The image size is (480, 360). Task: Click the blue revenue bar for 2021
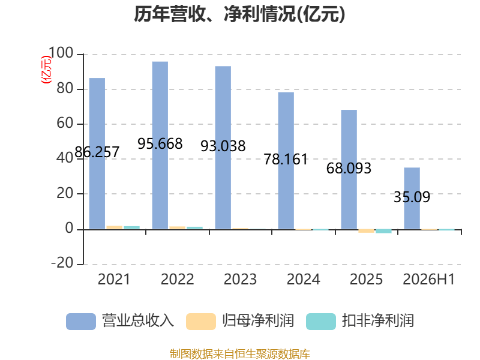point(97,154)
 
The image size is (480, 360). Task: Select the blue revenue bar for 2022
point(160,145)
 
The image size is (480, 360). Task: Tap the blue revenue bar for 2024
point(286,160)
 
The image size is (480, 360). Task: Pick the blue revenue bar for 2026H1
point(412,199)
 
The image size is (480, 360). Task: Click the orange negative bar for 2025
point(367,231)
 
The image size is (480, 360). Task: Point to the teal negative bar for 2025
point(383,231)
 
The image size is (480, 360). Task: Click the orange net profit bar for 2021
point(115,227)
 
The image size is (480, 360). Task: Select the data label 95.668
point(160,143)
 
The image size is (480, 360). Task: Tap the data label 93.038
point(223,146)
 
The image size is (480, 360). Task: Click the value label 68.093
point(349,169)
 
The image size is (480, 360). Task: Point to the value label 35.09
point(412,197)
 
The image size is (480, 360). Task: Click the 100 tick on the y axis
point(61,53)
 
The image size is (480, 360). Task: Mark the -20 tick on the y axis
point(62,263)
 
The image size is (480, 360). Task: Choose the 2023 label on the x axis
point(241,279)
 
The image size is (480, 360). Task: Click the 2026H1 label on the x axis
point(429,279)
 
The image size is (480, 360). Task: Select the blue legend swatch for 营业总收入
point(81,322)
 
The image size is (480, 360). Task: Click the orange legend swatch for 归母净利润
point(201,322)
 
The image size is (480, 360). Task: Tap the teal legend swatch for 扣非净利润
point(321,322)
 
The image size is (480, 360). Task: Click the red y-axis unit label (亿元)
point(46,70)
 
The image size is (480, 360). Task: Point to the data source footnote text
point(240,354)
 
